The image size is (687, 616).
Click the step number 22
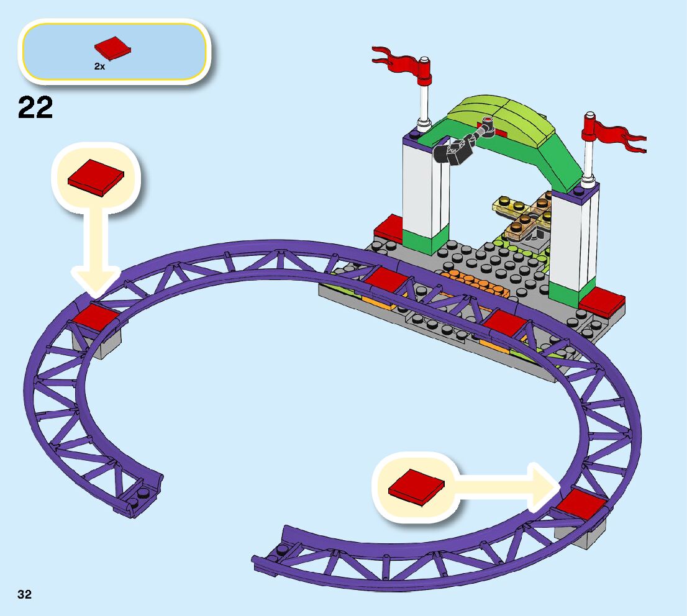point(35,107)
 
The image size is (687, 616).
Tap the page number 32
point(24,594)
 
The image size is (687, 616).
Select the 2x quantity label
point(99,66)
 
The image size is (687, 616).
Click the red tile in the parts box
point(112,48)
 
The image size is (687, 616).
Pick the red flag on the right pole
point(615,133)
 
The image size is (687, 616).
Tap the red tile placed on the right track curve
point(580,505)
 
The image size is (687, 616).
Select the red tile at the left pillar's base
point(389,229)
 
